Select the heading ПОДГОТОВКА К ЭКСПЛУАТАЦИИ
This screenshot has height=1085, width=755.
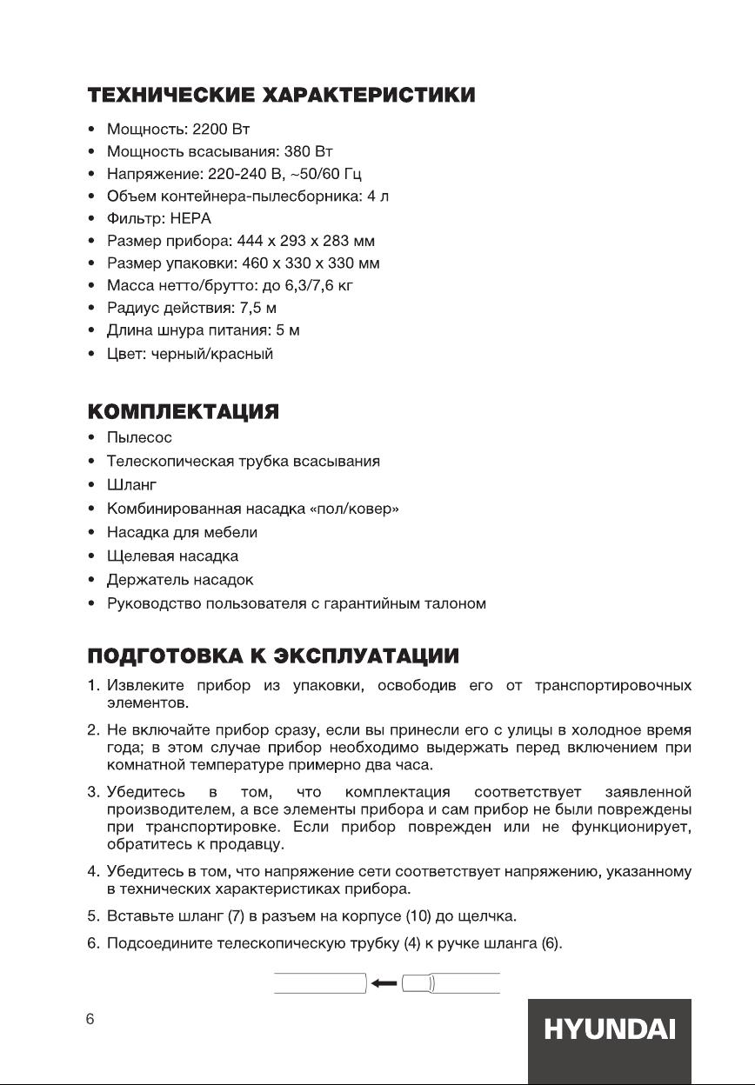[273, 654]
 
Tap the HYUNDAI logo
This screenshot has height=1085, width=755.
[609, 1031]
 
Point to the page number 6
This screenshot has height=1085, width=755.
[90, 1020]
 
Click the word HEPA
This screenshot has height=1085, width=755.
[191, 218]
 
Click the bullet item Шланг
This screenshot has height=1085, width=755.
[130, 483]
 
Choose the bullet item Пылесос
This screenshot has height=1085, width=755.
[139, 436]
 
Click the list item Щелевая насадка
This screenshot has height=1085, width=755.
[172, 555]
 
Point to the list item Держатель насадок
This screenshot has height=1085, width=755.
[180, 579]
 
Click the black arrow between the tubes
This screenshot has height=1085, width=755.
[383, 983]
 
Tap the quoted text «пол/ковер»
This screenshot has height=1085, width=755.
[354, 508]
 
